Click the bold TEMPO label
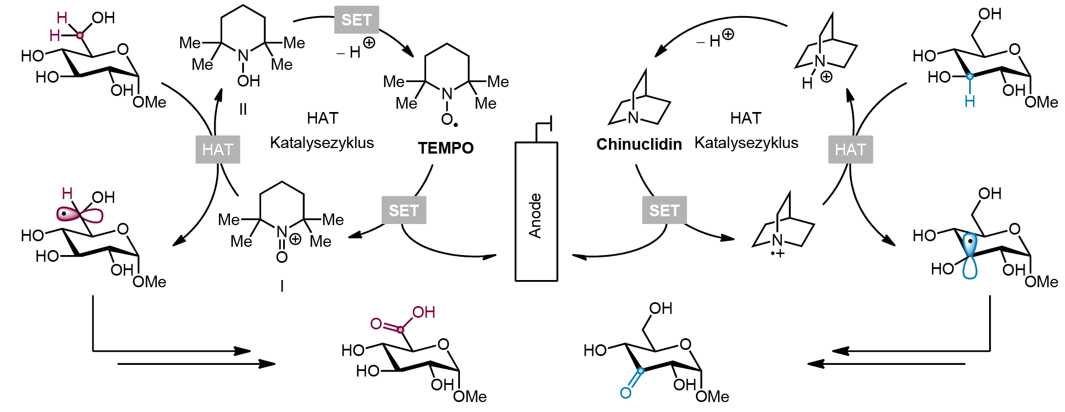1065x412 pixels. (x=446, y=148)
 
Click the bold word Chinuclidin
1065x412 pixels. (x=639, y=144)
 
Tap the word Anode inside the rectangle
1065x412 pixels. (x=535, y=216)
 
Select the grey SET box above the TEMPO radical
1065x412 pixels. (x=357, y=20)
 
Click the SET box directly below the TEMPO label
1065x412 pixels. (x=404, y=210)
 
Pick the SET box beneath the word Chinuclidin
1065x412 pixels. (x=664, y=210)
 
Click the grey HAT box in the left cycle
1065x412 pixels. (x=218, y=149)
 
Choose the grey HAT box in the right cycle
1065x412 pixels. (x=851, y=149)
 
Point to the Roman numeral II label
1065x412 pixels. (x=243, y=109)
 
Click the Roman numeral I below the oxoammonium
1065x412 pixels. (x=282, y=286)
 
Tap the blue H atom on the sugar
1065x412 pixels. (x=970, y=101)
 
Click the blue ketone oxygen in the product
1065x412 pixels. (x=626, y=393)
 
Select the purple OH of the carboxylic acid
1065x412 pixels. (x=423, y=312)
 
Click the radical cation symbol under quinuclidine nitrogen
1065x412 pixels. (x=778, y=253)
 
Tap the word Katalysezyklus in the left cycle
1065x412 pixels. (x=322, y=143)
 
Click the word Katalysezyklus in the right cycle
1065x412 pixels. (x=746, y=143)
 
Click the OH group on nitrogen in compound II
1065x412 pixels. (x=249, y=81)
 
